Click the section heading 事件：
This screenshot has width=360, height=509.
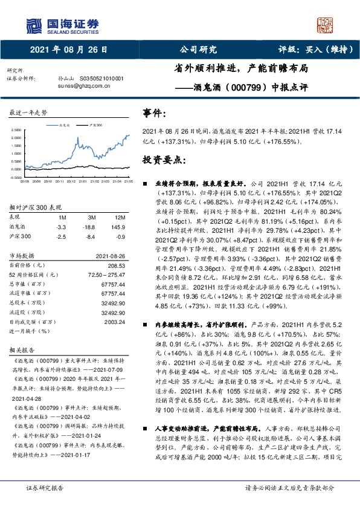[x=153, y=113]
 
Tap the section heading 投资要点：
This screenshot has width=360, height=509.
[x=163, y=161]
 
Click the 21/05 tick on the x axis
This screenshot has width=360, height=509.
[x=127, y=181]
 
